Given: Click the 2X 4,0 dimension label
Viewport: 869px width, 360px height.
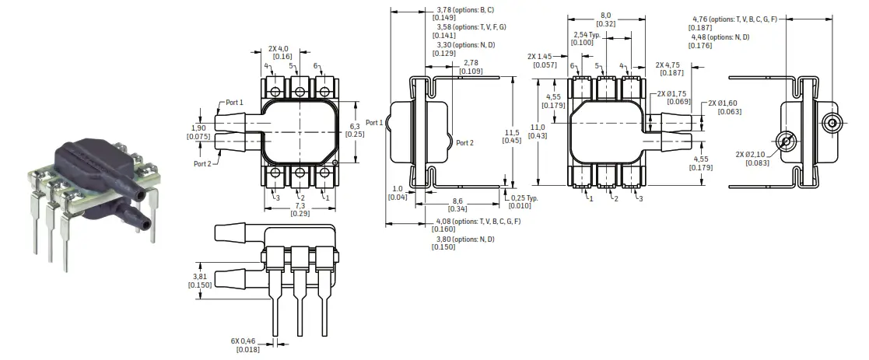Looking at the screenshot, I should (x=282, y=47).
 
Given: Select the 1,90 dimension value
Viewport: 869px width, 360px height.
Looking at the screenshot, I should (x=198, y=128).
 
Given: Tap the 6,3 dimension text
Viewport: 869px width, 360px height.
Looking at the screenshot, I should (x=354, y=126).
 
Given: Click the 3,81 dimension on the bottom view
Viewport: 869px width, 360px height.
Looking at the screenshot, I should (x=198, y=276).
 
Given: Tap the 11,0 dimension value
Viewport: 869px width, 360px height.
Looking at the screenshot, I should (x=538, y=128).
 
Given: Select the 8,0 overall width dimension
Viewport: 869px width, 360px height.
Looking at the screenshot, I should (x=606, y=15).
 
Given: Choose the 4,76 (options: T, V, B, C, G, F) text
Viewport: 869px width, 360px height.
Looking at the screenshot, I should (x=734, y=19).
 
